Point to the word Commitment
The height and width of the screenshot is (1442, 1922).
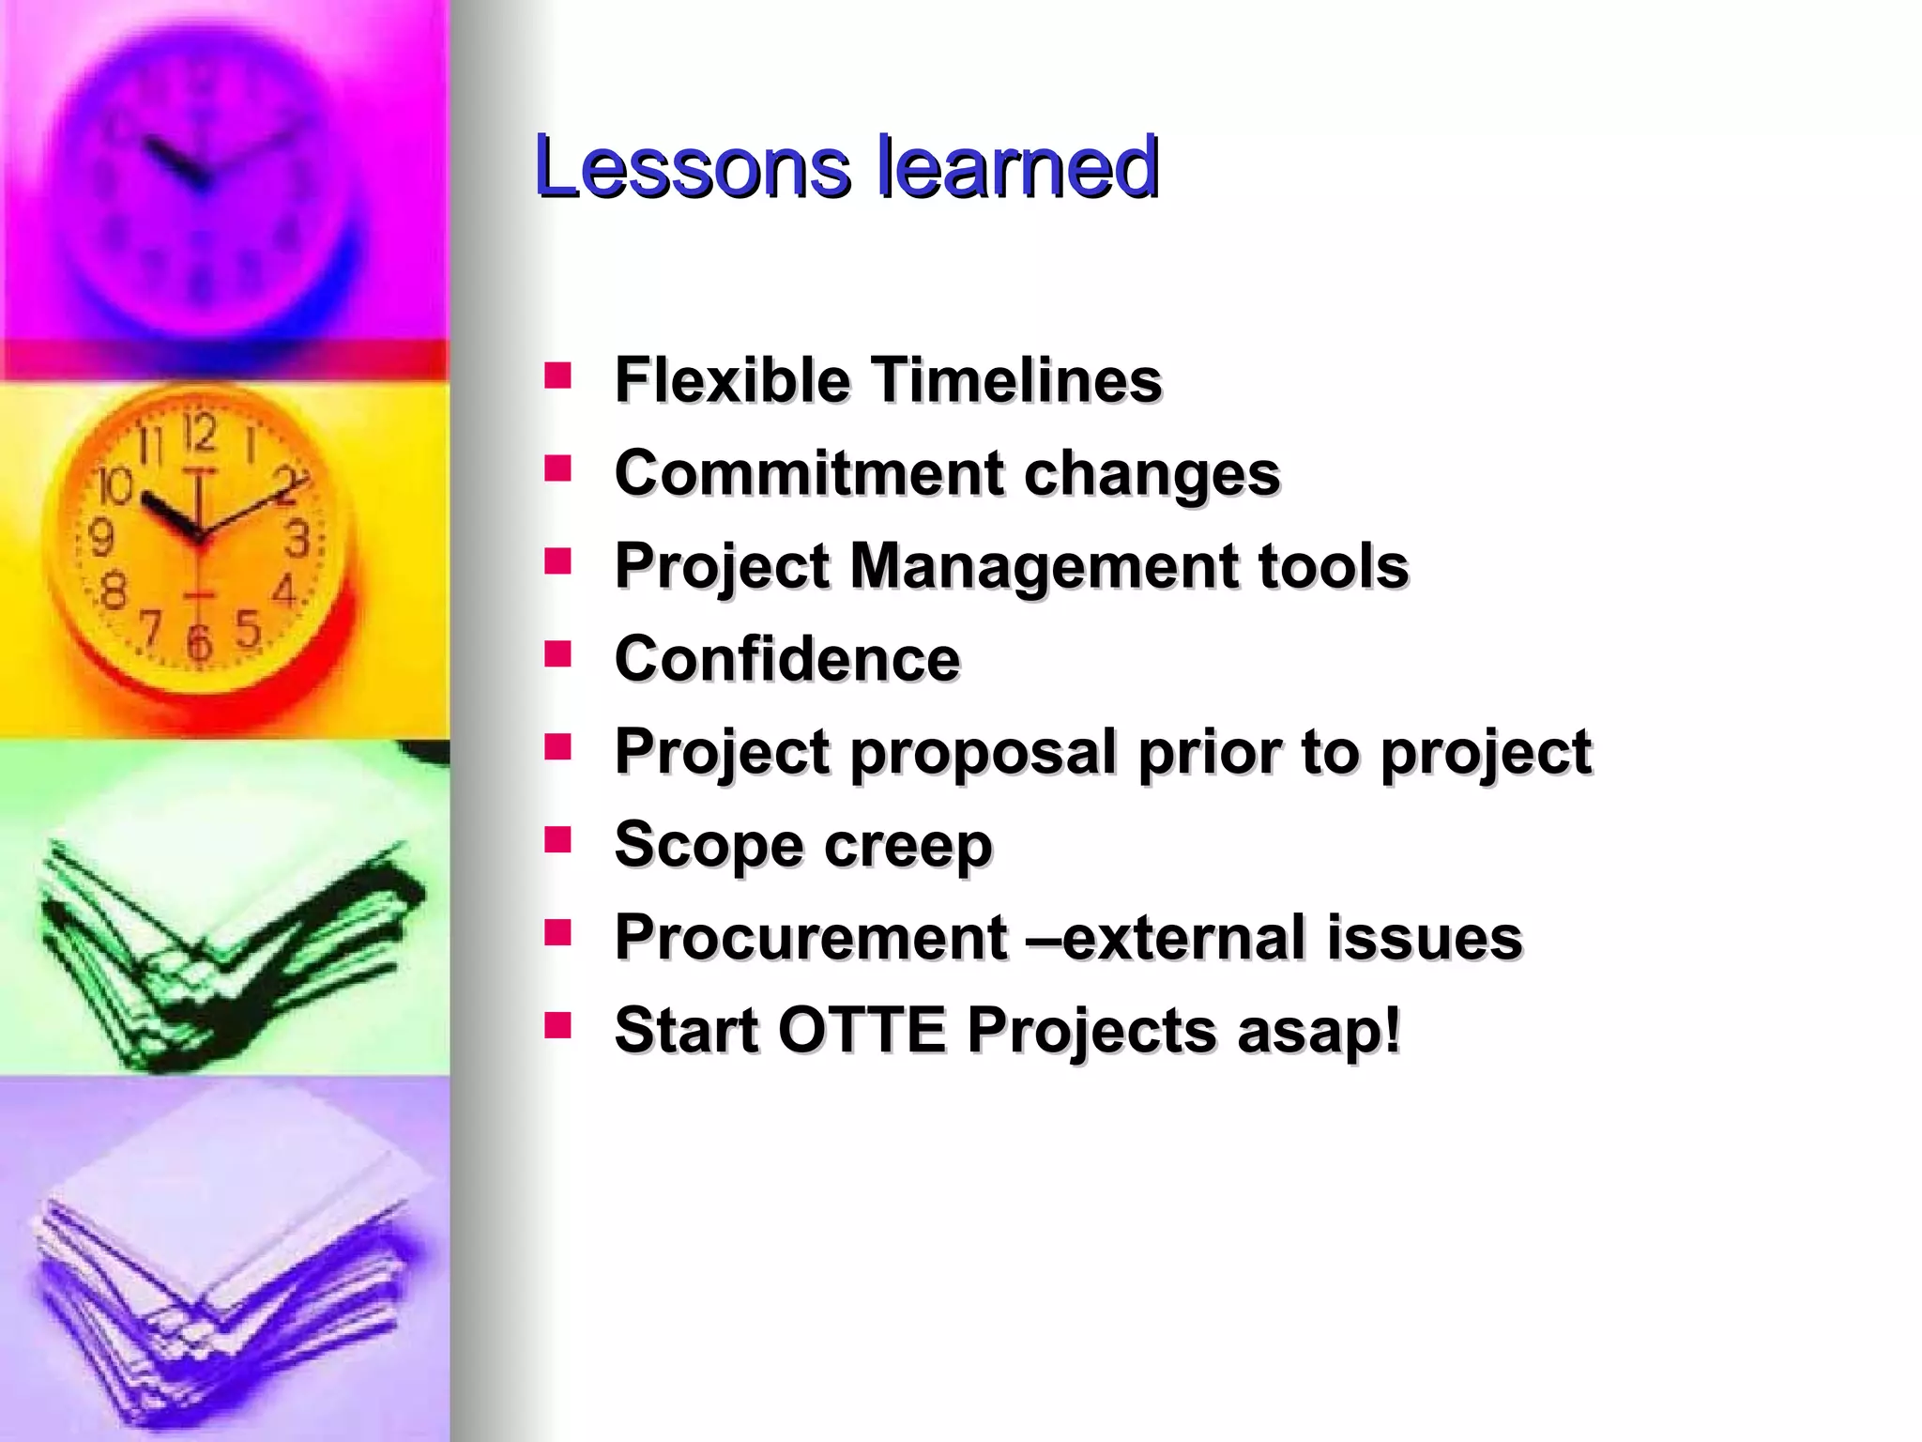(x=808, y=472)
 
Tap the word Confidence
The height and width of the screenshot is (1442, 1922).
(x=786, y=658)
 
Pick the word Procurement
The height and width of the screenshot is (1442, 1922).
(x=810, y=937)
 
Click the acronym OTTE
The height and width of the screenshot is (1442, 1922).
(x=862, y=1030)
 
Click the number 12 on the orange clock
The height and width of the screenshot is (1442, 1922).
(x=199, y=433)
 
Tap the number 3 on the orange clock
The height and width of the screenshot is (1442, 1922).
(x=297, y=539)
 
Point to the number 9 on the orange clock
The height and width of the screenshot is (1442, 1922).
(x=101, y=538)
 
